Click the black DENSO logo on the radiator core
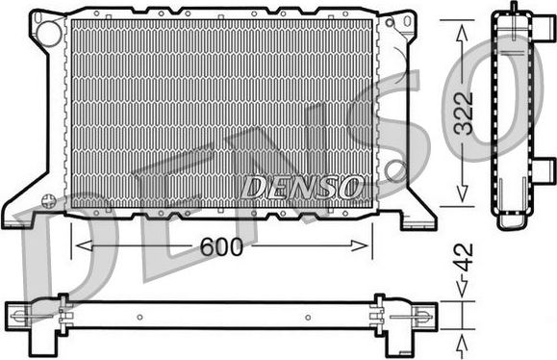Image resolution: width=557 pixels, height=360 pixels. coord(302,185)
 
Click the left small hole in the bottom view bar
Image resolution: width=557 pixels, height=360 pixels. coord(140,315)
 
